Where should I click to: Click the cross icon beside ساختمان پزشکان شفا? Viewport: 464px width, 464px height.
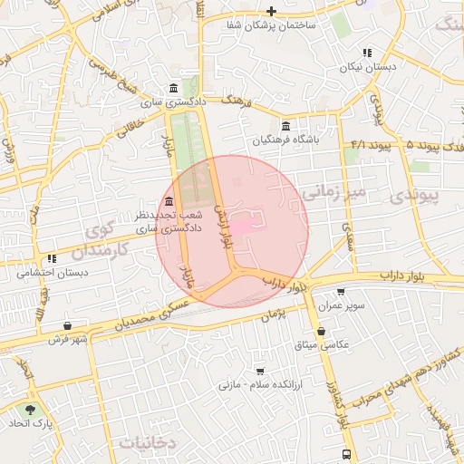coord(270,11)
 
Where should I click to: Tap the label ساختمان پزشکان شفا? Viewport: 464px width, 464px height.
coord(272,25)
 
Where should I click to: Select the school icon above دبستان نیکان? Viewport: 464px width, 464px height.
coord(367,53)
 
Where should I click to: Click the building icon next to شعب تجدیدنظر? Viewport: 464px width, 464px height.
coord(170,201)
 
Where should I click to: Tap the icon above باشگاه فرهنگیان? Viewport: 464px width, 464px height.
coord(286,125)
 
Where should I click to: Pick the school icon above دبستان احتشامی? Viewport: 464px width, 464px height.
coord(53,257)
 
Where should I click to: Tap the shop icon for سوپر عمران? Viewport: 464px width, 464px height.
coord(340,292)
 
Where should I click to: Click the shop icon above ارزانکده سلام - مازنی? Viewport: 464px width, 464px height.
coord(260,371)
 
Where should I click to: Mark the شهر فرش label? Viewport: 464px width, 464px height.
coord(67,340)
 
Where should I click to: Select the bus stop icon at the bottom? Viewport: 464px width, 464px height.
coord(346,455)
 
